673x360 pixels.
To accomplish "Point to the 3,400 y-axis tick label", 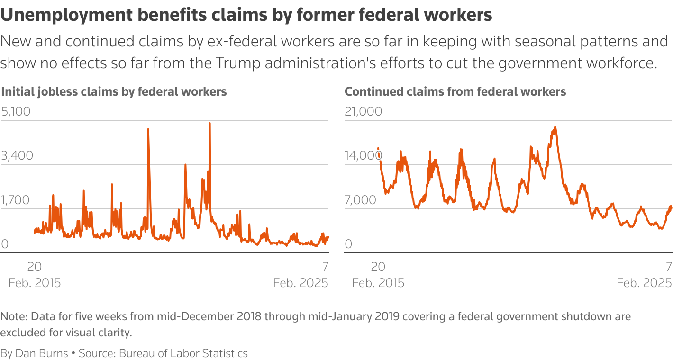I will pyautogui.click(x=17, y=156).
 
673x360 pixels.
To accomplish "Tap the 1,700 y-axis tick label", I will pyautogui.click(x=16, y=200).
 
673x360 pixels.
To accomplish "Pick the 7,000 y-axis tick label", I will pyautogui.click(x=360, y=200).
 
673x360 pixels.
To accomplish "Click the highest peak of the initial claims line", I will pyautogui.click(x=209, y=123).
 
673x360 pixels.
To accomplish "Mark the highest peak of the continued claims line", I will pyautogui.click(x=555, y=127).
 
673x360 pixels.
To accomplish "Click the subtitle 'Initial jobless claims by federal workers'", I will pyautogui.click(x=114, y=91).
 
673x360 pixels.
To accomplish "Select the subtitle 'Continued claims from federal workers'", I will pyautogui.click(x=455, y=91).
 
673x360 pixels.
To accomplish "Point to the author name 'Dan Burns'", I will pyautogui.click(x=42, y=353).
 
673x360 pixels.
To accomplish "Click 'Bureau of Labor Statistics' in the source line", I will pyautogui.click(x=183, y=353).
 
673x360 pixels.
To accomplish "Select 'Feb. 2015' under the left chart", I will pyautogui.click(x=35, y=283).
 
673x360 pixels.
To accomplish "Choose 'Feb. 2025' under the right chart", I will pyautogui.click(x=644, y=283).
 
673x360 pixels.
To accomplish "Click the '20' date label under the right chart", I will pyautogui.click(x=378, y=266).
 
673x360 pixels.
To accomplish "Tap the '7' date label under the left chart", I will pyautogui.click(x=325, y=266).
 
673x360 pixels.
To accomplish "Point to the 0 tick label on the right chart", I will pyautogui.click(x=349, y=244).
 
